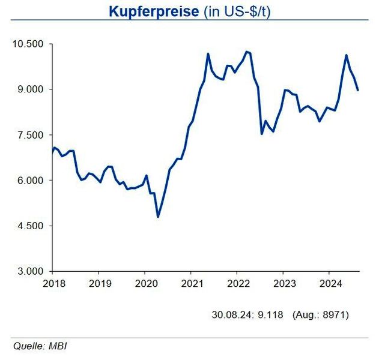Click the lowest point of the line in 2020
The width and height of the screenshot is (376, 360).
point(158,217)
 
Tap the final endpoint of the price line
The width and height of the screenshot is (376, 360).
point(358,90)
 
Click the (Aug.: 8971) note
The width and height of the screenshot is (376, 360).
point(320,314)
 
